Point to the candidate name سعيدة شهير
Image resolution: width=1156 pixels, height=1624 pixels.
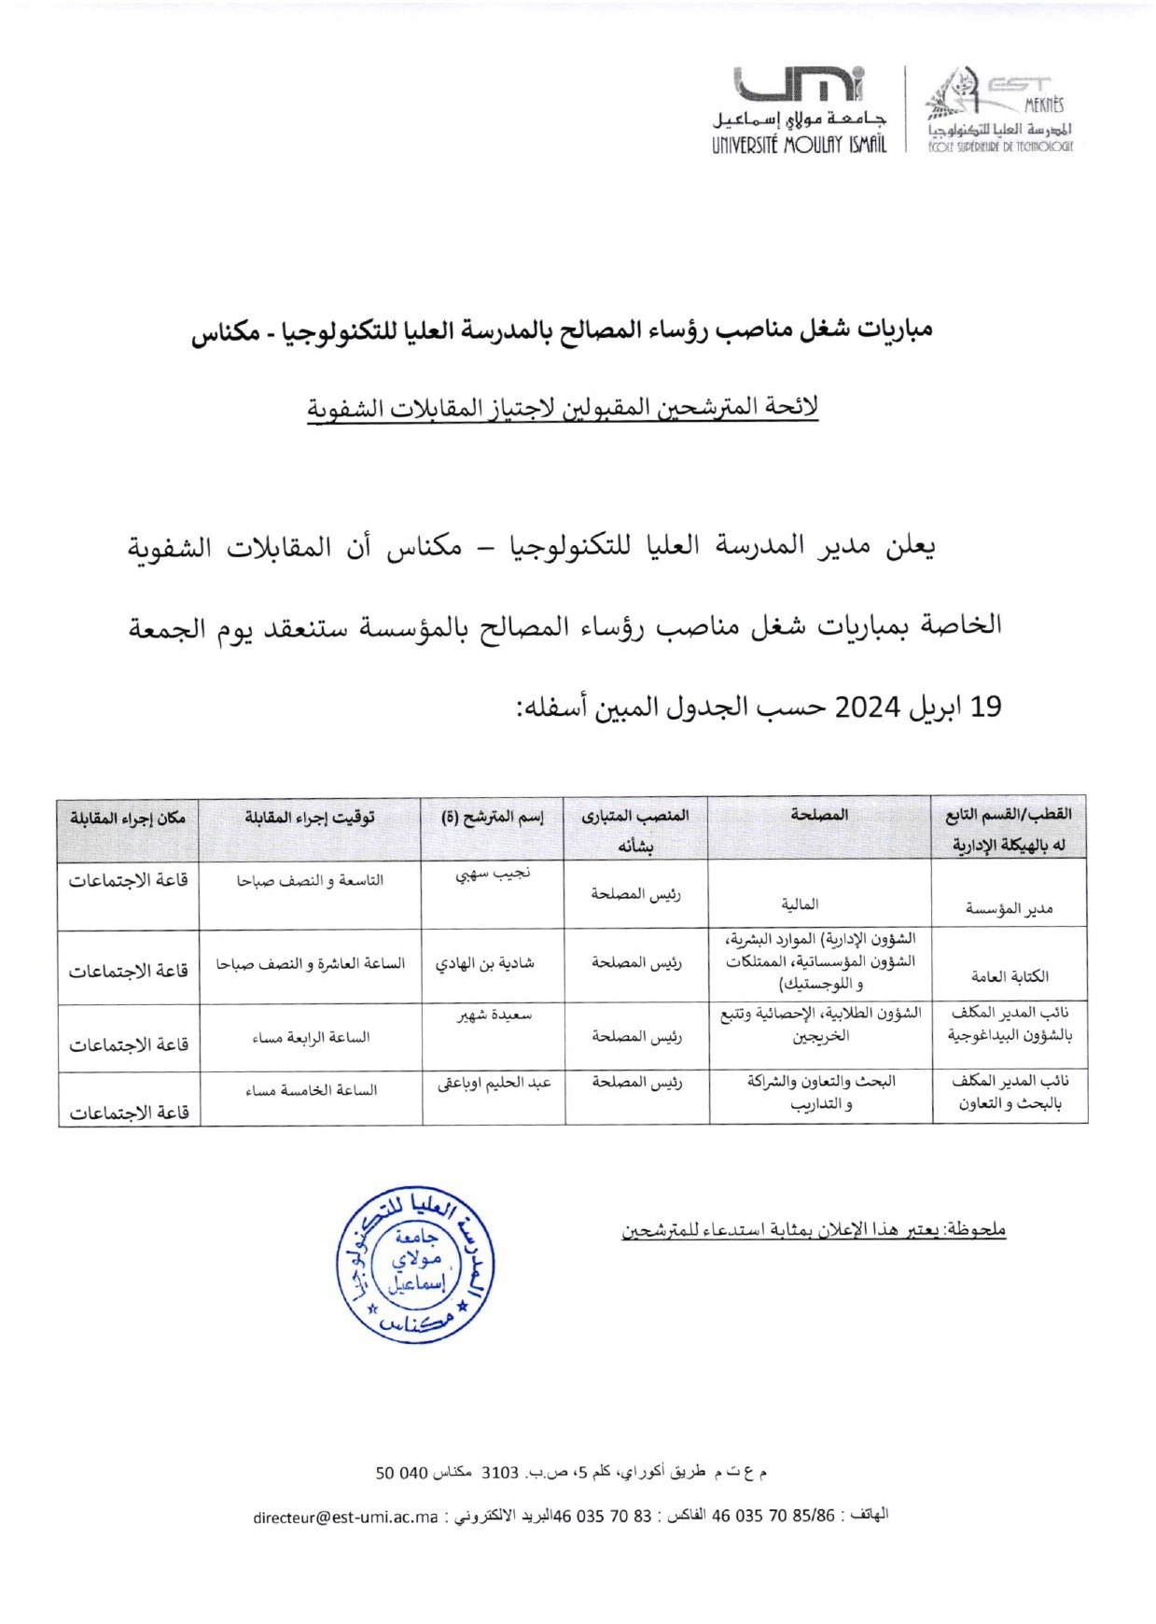coord(494,1015)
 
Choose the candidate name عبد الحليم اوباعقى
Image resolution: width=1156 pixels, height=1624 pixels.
coord(494,1085)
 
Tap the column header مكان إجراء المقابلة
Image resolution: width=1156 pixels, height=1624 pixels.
coord(128,818)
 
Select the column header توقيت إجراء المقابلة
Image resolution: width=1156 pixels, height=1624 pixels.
coord(310,818)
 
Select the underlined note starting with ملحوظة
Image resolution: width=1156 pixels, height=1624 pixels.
coord(814,1230)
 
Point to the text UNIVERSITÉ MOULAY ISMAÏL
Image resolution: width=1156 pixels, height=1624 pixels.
coord(799,145)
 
